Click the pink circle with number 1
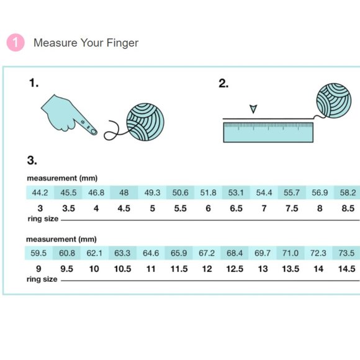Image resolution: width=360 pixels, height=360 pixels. tap(16, 43)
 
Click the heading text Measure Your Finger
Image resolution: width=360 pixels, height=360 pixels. tap(86, 43)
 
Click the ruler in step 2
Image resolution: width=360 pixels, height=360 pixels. tap(268, 132)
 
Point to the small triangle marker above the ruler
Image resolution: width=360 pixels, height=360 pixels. tap(253, 110)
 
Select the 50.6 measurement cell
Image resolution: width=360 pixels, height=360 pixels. tap(180, 192)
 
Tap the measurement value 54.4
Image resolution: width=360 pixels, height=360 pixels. tap(264, 192)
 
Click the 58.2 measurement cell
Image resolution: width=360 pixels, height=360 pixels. tap(348, 192)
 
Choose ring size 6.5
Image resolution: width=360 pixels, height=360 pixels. tap(236, 209)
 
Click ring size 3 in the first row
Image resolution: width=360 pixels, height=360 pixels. tap(40, 209)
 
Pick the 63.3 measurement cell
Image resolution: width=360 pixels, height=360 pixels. tap(123, 253)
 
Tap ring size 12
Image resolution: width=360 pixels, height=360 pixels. tap(207, 269)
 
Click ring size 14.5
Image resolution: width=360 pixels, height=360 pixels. tap(348, 269)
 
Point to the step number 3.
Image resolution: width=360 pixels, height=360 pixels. tap(32, 161)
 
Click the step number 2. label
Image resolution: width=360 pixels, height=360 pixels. tap(223, 84)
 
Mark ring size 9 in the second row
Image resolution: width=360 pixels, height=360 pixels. tap(40, 269)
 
